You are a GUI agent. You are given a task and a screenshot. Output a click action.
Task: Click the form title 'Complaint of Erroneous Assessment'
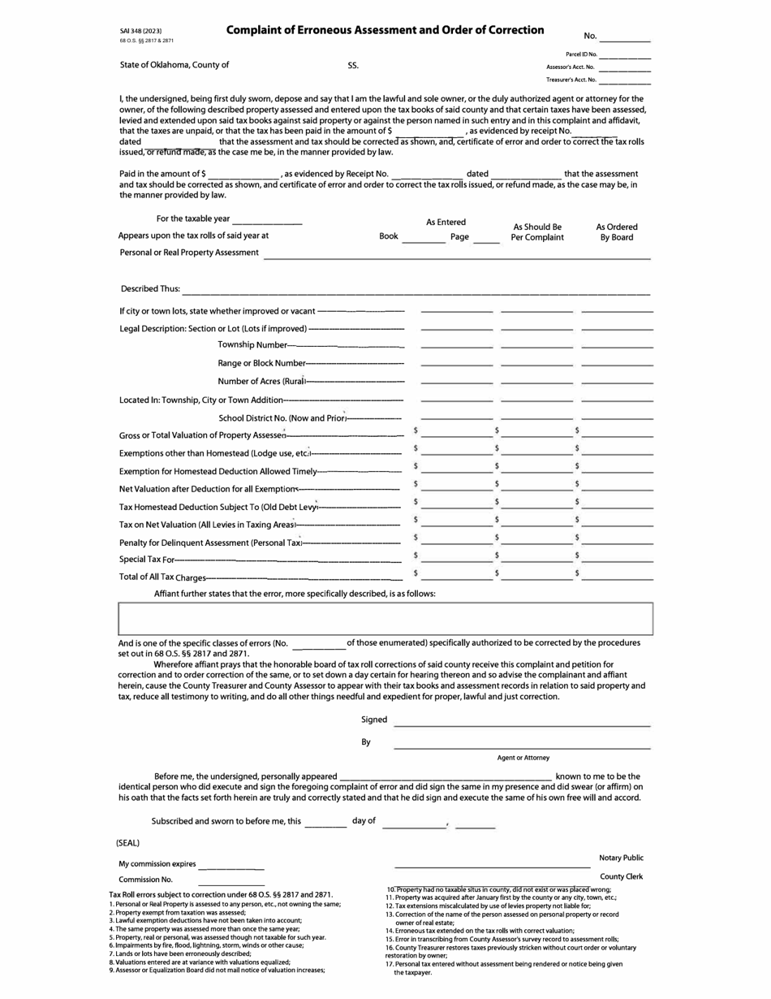[385, 30]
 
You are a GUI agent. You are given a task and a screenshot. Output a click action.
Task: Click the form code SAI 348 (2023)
[146, 31]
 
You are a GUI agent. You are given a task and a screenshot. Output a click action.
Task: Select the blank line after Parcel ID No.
[624, 55]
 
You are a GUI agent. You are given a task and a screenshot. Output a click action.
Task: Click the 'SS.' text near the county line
[353, 65]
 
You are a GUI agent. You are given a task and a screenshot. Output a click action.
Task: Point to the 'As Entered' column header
[446, 222]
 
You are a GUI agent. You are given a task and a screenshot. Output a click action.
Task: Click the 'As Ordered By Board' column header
[617, 232]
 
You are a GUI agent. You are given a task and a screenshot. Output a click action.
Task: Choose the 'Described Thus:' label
[150, 288]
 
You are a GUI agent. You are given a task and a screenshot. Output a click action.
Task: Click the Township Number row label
[252, 345]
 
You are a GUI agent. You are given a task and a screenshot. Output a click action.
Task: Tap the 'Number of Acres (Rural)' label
[261, 381]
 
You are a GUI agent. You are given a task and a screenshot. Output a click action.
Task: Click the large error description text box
[385, 618]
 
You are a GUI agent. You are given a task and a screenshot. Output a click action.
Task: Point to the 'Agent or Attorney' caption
[523, 758]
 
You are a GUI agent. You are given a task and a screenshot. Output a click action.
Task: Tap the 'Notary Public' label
[621, 858]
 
